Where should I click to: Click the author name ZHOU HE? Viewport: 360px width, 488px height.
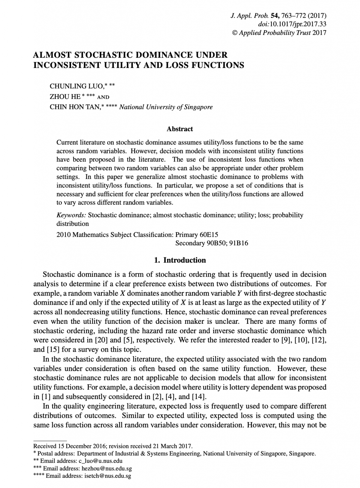65,97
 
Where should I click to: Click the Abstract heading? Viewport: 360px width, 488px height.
180,129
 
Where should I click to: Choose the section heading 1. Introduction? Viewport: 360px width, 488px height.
180,260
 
